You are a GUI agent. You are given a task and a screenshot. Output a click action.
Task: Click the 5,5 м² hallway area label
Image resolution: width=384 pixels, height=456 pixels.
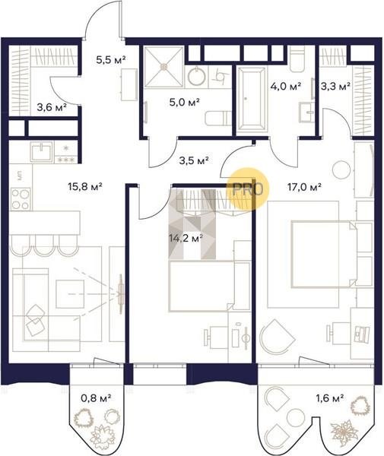tap(111, 60)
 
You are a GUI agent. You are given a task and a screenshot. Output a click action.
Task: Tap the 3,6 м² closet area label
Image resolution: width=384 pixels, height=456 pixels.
tap(52, 107)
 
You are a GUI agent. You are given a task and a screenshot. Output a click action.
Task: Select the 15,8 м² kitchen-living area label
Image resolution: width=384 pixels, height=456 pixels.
tap(85, 186)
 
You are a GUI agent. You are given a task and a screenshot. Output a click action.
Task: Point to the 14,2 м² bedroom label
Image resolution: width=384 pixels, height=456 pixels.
tap(186, 239)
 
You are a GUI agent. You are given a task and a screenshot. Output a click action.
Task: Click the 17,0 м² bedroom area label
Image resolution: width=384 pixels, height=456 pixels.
tap(305, 187)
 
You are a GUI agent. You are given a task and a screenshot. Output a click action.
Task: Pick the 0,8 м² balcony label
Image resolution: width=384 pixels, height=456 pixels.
tap(96, 397)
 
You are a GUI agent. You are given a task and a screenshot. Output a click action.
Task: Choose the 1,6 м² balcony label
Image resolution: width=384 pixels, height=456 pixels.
tap(330, 397)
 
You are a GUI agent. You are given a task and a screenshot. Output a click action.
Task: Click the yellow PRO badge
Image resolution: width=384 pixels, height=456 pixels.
tap(248, 189)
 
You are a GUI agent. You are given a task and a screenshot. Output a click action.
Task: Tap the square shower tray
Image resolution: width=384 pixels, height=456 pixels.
tap(163, 67)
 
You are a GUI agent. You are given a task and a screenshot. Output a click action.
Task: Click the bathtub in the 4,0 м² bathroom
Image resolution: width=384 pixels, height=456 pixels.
tap(252, 98)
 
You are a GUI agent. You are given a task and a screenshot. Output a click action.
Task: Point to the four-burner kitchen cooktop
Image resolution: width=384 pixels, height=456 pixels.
tap(21, 199)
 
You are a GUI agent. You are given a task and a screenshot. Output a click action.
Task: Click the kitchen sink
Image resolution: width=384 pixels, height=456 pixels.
tap(42, 151)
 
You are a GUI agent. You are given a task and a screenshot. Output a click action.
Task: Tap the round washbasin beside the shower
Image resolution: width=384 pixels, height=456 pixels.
tap(197, 76)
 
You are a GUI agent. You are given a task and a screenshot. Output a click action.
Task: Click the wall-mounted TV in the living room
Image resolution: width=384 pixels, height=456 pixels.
tap(121, 293)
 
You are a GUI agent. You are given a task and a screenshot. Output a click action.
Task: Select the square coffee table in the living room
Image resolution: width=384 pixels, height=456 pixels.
tap(70, 293)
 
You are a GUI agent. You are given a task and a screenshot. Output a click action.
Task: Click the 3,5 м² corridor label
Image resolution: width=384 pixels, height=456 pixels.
tap(194, 160)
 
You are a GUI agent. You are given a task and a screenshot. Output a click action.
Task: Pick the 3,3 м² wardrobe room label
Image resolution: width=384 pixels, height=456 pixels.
tap(335, 87)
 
